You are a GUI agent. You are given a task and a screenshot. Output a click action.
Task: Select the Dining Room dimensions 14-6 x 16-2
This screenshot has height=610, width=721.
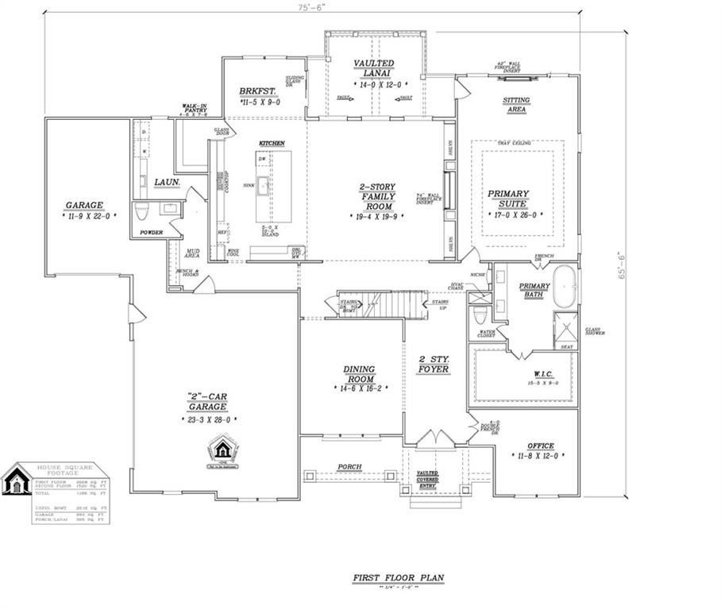tap(359, 389)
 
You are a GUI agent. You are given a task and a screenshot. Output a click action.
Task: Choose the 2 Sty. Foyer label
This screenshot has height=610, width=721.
tap(434, 363)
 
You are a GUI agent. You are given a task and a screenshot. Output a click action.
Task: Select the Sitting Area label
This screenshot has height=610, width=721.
tap(516, 104)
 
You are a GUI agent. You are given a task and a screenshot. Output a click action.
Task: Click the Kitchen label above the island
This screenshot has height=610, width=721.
tap(271, 143)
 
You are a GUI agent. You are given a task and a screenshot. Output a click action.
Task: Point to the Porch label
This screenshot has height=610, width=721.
tap(349, 466)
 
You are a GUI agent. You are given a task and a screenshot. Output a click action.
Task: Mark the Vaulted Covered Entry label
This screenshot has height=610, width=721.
tap(427, 477)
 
